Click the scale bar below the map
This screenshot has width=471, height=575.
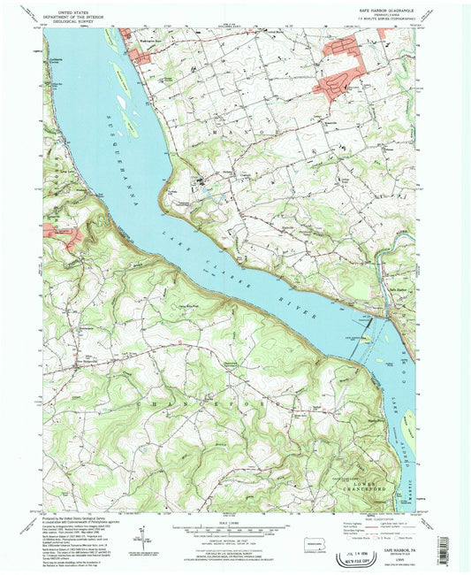pyautogui.click(x=235, y=530)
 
